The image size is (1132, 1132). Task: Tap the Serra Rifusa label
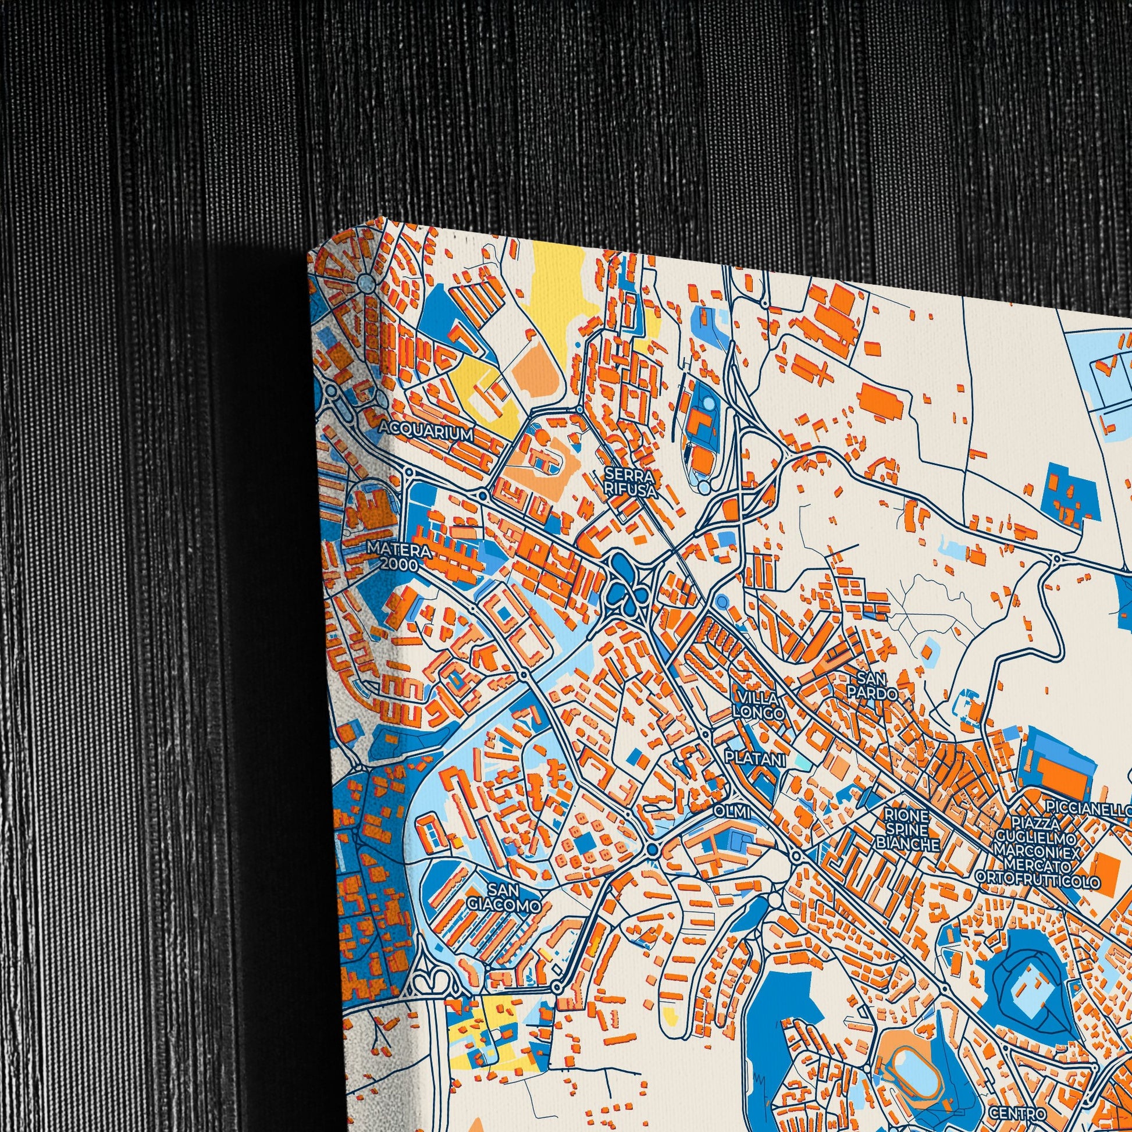(x=630, y=482)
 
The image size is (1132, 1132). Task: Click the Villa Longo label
(x=759, y=706)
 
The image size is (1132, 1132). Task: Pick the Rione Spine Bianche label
(x=906, y=829)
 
